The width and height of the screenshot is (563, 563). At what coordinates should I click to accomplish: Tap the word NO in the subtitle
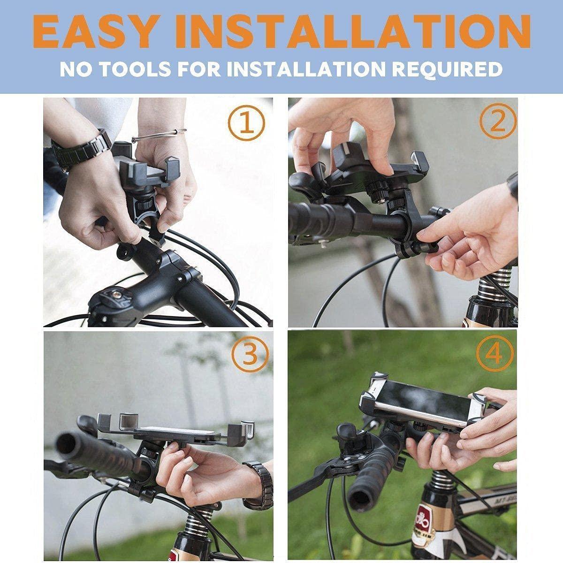[x=75, y=69]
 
